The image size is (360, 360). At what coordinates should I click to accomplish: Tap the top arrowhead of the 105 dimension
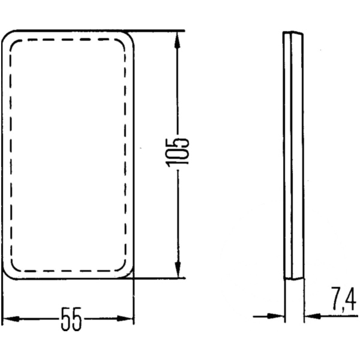(178, 37)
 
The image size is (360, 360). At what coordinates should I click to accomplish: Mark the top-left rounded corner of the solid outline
(7, 35)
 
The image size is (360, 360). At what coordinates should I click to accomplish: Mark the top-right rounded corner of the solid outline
(130, 35)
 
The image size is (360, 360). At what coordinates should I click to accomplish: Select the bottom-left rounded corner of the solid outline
(7, 274)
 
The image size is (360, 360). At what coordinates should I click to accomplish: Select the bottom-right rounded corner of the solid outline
(130, 274)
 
